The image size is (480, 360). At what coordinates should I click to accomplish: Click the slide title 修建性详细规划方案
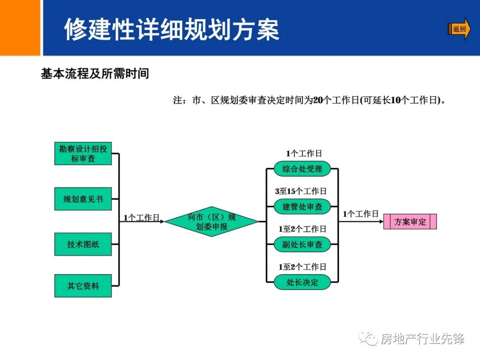pos(172,30)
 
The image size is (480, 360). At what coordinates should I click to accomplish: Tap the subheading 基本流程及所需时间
pos(95,74)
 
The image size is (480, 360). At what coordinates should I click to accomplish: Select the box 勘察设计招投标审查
pos(83,153)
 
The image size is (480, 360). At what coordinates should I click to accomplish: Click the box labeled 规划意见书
pos(83,199)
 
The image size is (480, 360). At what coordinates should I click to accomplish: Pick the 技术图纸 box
pos(83,244)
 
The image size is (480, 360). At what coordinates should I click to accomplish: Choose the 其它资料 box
pos(83,286)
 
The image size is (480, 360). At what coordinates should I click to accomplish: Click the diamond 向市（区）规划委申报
pos(212,221)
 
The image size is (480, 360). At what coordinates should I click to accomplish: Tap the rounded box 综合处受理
pos(302,169)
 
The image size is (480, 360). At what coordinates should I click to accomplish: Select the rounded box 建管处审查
pos(302,207)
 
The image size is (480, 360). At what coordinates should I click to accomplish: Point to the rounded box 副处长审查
pos(302,244)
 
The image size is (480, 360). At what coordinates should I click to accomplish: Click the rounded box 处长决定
pos(302,282)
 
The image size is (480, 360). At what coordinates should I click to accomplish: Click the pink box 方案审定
pos(410,222)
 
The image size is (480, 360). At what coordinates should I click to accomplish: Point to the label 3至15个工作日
pos(301,191)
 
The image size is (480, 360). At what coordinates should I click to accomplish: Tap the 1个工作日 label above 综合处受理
pos(304,153)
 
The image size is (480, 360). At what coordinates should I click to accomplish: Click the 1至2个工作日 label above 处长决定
pos(302,267)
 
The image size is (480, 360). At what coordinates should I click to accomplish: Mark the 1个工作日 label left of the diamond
pos(141,217)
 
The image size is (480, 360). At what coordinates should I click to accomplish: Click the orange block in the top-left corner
pos(20,28)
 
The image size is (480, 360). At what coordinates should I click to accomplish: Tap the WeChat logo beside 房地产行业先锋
pos(368,339)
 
